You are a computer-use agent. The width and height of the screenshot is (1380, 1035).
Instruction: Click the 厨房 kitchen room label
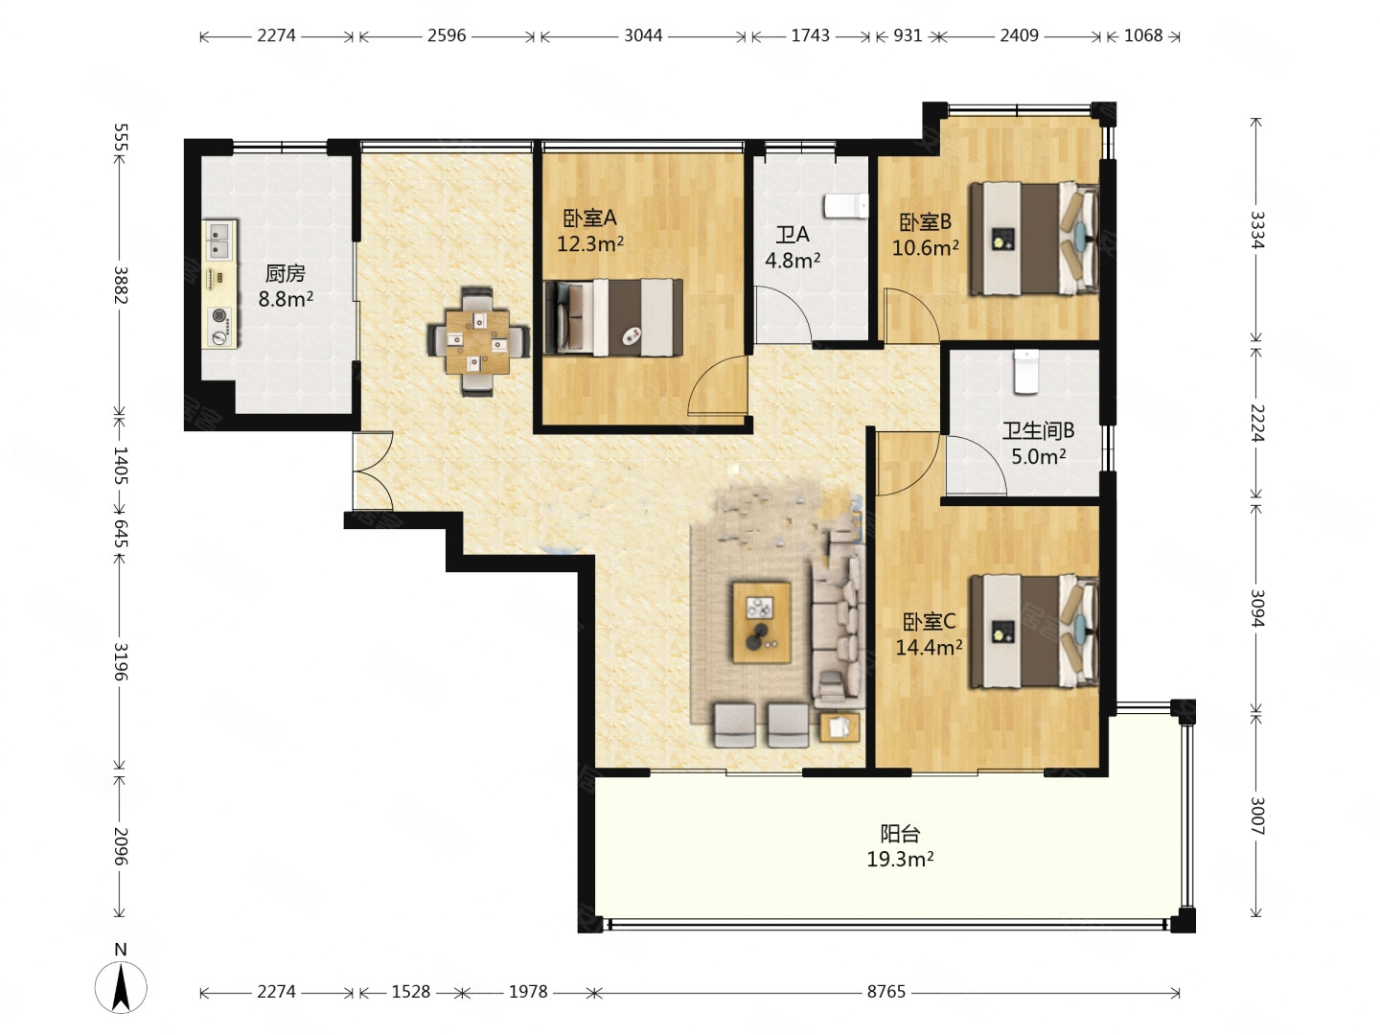(285, 273)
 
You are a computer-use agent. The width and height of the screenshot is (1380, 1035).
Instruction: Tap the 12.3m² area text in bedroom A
(589, 242)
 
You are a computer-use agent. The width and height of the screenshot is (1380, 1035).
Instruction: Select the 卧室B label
(925, 221)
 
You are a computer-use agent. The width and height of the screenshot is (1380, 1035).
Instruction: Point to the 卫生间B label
(1038, 430)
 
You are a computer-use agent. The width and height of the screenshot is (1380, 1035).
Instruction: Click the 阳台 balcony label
(900, 834)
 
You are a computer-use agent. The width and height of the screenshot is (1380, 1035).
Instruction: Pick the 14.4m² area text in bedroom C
(929, 647)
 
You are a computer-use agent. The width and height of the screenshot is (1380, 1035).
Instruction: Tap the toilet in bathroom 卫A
(846, 206)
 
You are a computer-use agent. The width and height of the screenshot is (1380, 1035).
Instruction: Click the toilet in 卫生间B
(1026, 372)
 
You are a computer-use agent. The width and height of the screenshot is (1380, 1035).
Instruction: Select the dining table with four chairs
(478, 341)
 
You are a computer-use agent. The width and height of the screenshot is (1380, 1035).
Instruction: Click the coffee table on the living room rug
(761, 622)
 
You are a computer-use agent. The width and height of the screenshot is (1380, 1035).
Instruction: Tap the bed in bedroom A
(613, 317)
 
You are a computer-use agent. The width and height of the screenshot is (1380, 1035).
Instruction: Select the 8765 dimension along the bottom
(885, 992)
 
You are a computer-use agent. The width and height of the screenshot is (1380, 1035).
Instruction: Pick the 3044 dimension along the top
(642, 35)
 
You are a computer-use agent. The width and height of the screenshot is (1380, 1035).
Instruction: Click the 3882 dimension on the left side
(121, 285)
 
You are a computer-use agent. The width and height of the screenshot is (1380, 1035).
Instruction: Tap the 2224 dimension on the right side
(1256, 423)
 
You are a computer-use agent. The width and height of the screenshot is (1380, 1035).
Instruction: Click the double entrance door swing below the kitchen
(373, 471)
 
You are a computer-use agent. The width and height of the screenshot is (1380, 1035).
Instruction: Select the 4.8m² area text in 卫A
(793, 260)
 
